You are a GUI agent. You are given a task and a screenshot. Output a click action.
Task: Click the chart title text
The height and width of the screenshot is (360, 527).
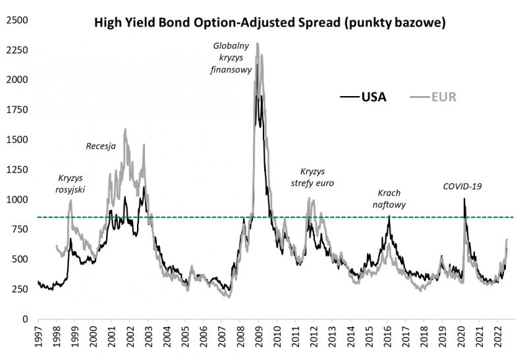point(271,24)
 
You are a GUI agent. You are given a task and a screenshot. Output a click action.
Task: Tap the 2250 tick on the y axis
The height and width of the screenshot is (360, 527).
point(16,50)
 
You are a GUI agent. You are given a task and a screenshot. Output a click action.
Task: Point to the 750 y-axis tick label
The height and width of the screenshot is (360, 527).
point(19,229)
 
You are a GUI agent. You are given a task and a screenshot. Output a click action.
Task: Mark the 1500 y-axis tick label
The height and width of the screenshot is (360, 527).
point(16,140)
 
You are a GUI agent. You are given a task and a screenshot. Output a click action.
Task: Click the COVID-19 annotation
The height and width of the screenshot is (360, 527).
point(462,186)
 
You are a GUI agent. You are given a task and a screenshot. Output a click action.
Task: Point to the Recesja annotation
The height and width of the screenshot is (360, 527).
point(101,146)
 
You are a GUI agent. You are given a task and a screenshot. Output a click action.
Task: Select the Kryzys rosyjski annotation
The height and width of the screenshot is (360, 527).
point(72,184)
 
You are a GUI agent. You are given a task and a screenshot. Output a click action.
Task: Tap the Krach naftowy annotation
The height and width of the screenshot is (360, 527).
point(389,199)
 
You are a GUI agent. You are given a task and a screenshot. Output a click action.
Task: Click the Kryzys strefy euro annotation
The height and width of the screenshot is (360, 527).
point(312,177)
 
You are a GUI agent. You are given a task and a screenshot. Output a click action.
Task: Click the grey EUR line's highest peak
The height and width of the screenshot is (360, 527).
point(257,44)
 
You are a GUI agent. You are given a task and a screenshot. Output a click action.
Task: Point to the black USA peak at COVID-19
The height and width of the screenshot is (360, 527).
point(464,199)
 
